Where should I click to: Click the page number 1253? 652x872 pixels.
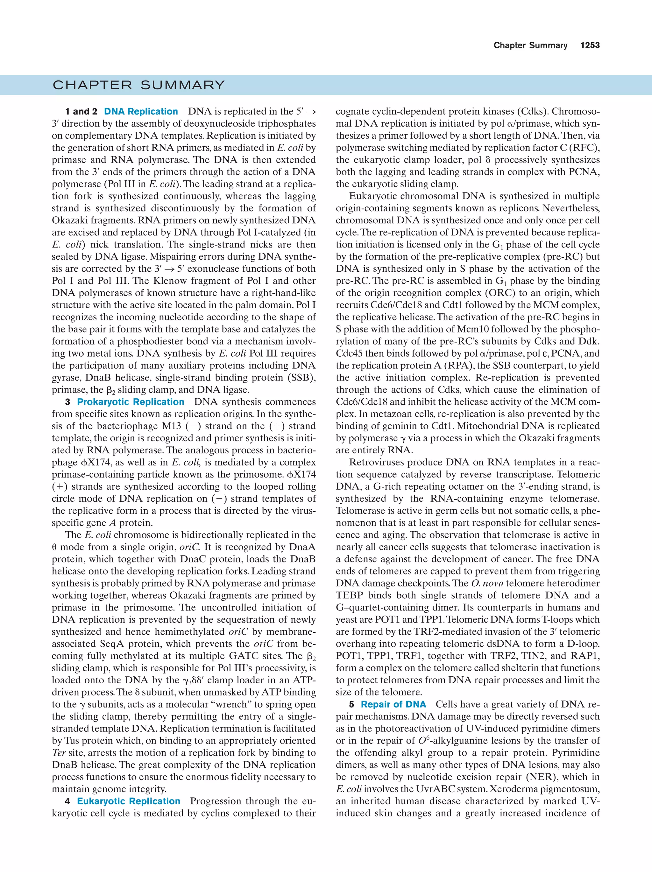[590, 46]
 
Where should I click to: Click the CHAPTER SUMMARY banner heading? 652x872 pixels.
[138, 85]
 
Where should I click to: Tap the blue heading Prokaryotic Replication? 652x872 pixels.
[131, 402]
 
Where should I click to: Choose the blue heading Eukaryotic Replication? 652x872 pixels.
[129, 801]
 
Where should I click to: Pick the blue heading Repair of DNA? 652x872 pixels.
[393, 704]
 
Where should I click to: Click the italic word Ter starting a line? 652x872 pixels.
[58, 753]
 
